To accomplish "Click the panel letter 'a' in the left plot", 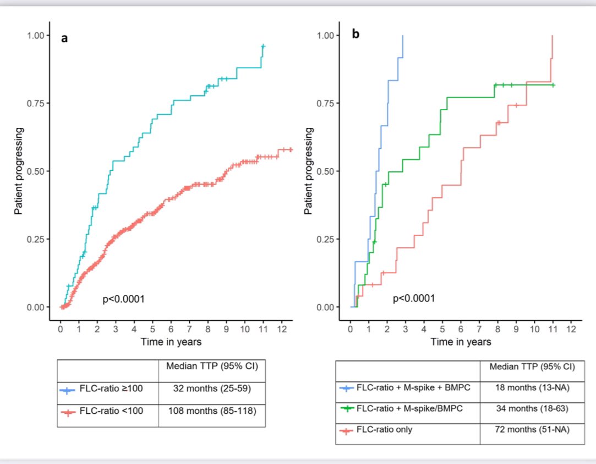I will (64, 39).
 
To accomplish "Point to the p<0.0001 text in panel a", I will (124, 299).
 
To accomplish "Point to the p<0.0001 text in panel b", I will (414, 299).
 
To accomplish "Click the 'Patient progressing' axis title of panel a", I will (19, 171).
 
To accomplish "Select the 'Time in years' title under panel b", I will (461, 342).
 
